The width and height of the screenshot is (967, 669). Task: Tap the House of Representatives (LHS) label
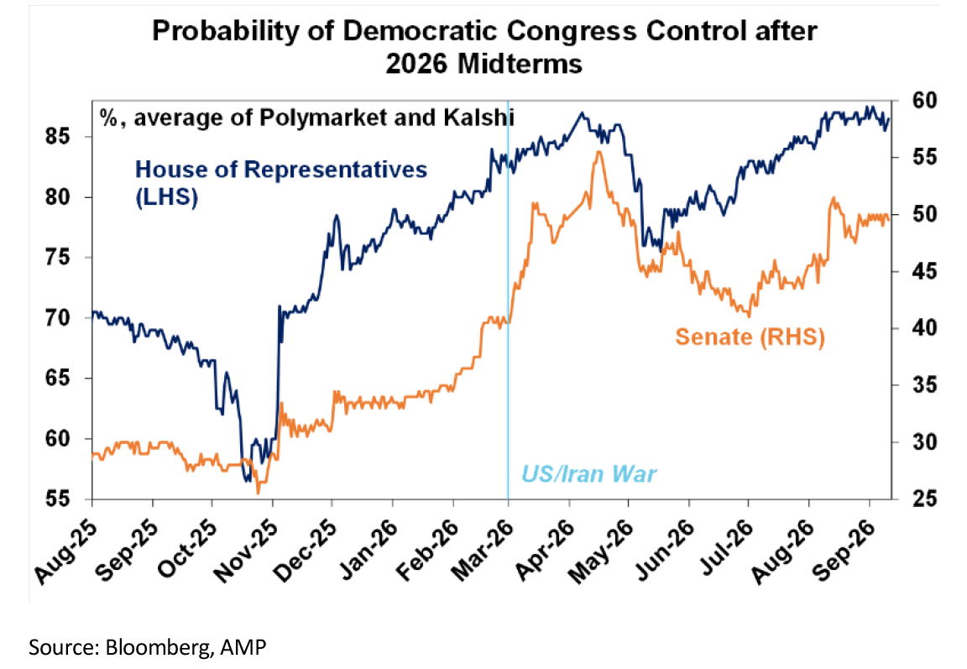tap(281, 183)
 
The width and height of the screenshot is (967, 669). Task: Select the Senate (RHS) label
tap(750, 337)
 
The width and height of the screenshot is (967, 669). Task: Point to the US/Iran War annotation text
tap(589, 473)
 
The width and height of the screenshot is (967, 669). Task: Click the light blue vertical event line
tap(508, 300)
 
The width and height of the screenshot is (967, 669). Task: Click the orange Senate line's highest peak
tap(598, 152)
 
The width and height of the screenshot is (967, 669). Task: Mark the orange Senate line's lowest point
tap(259, 493)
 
